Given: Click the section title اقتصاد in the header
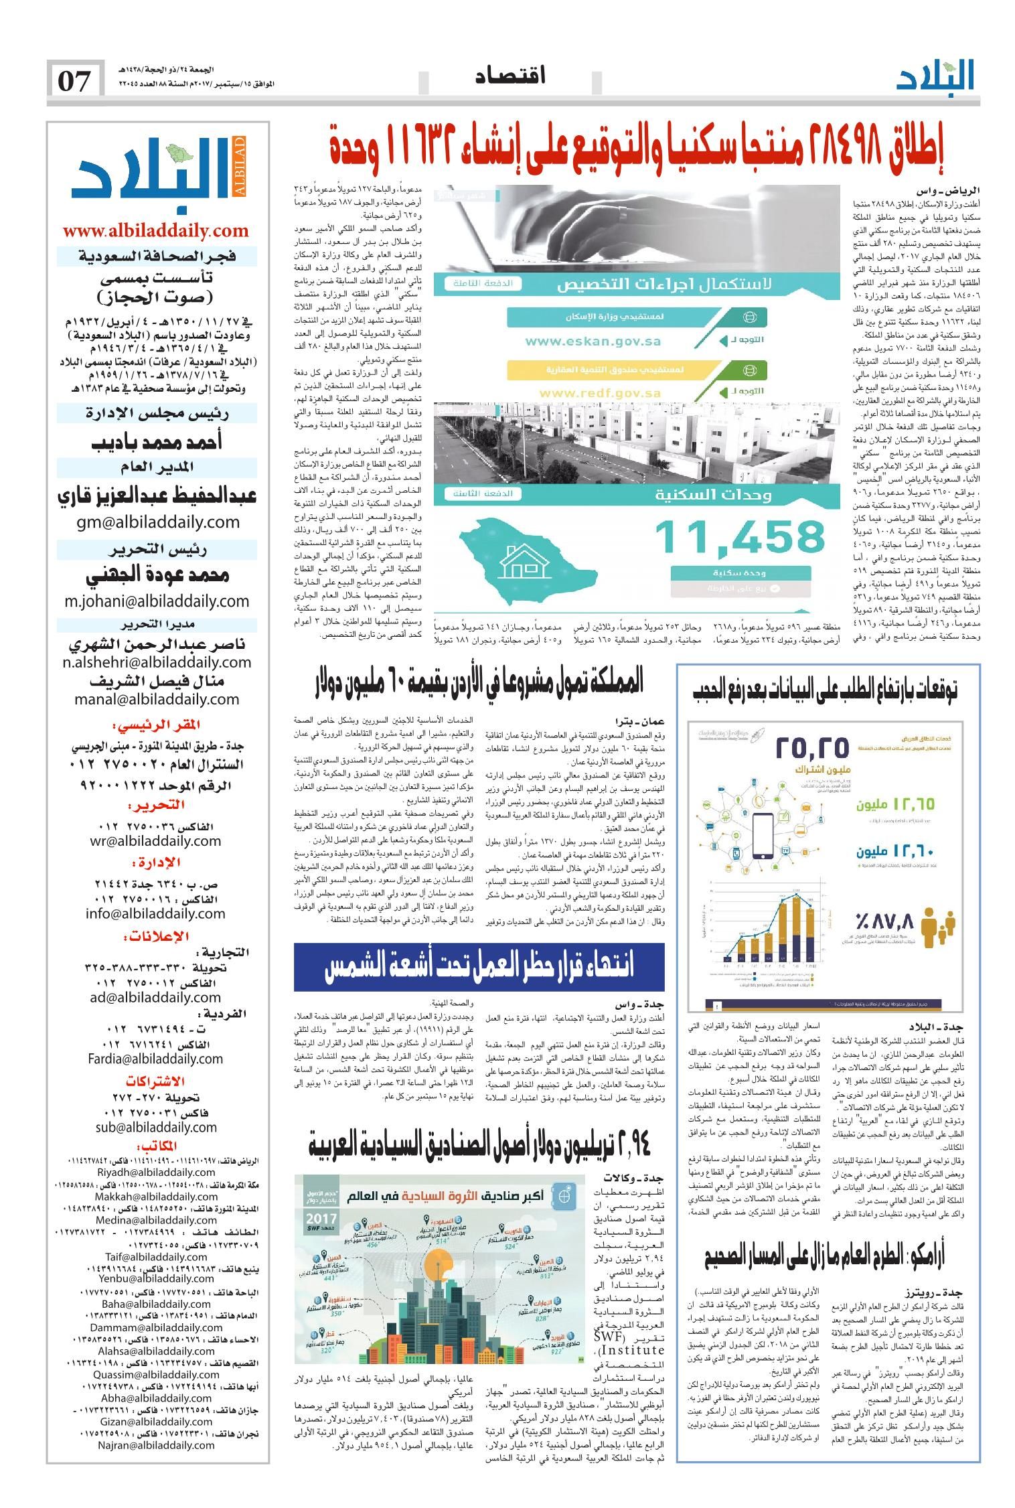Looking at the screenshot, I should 511,76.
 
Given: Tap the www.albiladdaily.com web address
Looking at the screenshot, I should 155,231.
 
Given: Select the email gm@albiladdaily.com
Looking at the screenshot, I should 155,522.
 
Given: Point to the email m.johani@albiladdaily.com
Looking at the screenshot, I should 157,601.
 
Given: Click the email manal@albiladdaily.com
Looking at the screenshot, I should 157,699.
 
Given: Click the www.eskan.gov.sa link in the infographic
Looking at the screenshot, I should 593,342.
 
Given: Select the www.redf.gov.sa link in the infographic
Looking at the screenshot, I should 593,393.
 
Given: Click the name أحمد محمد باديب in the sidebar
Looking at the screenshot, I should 155,443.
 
